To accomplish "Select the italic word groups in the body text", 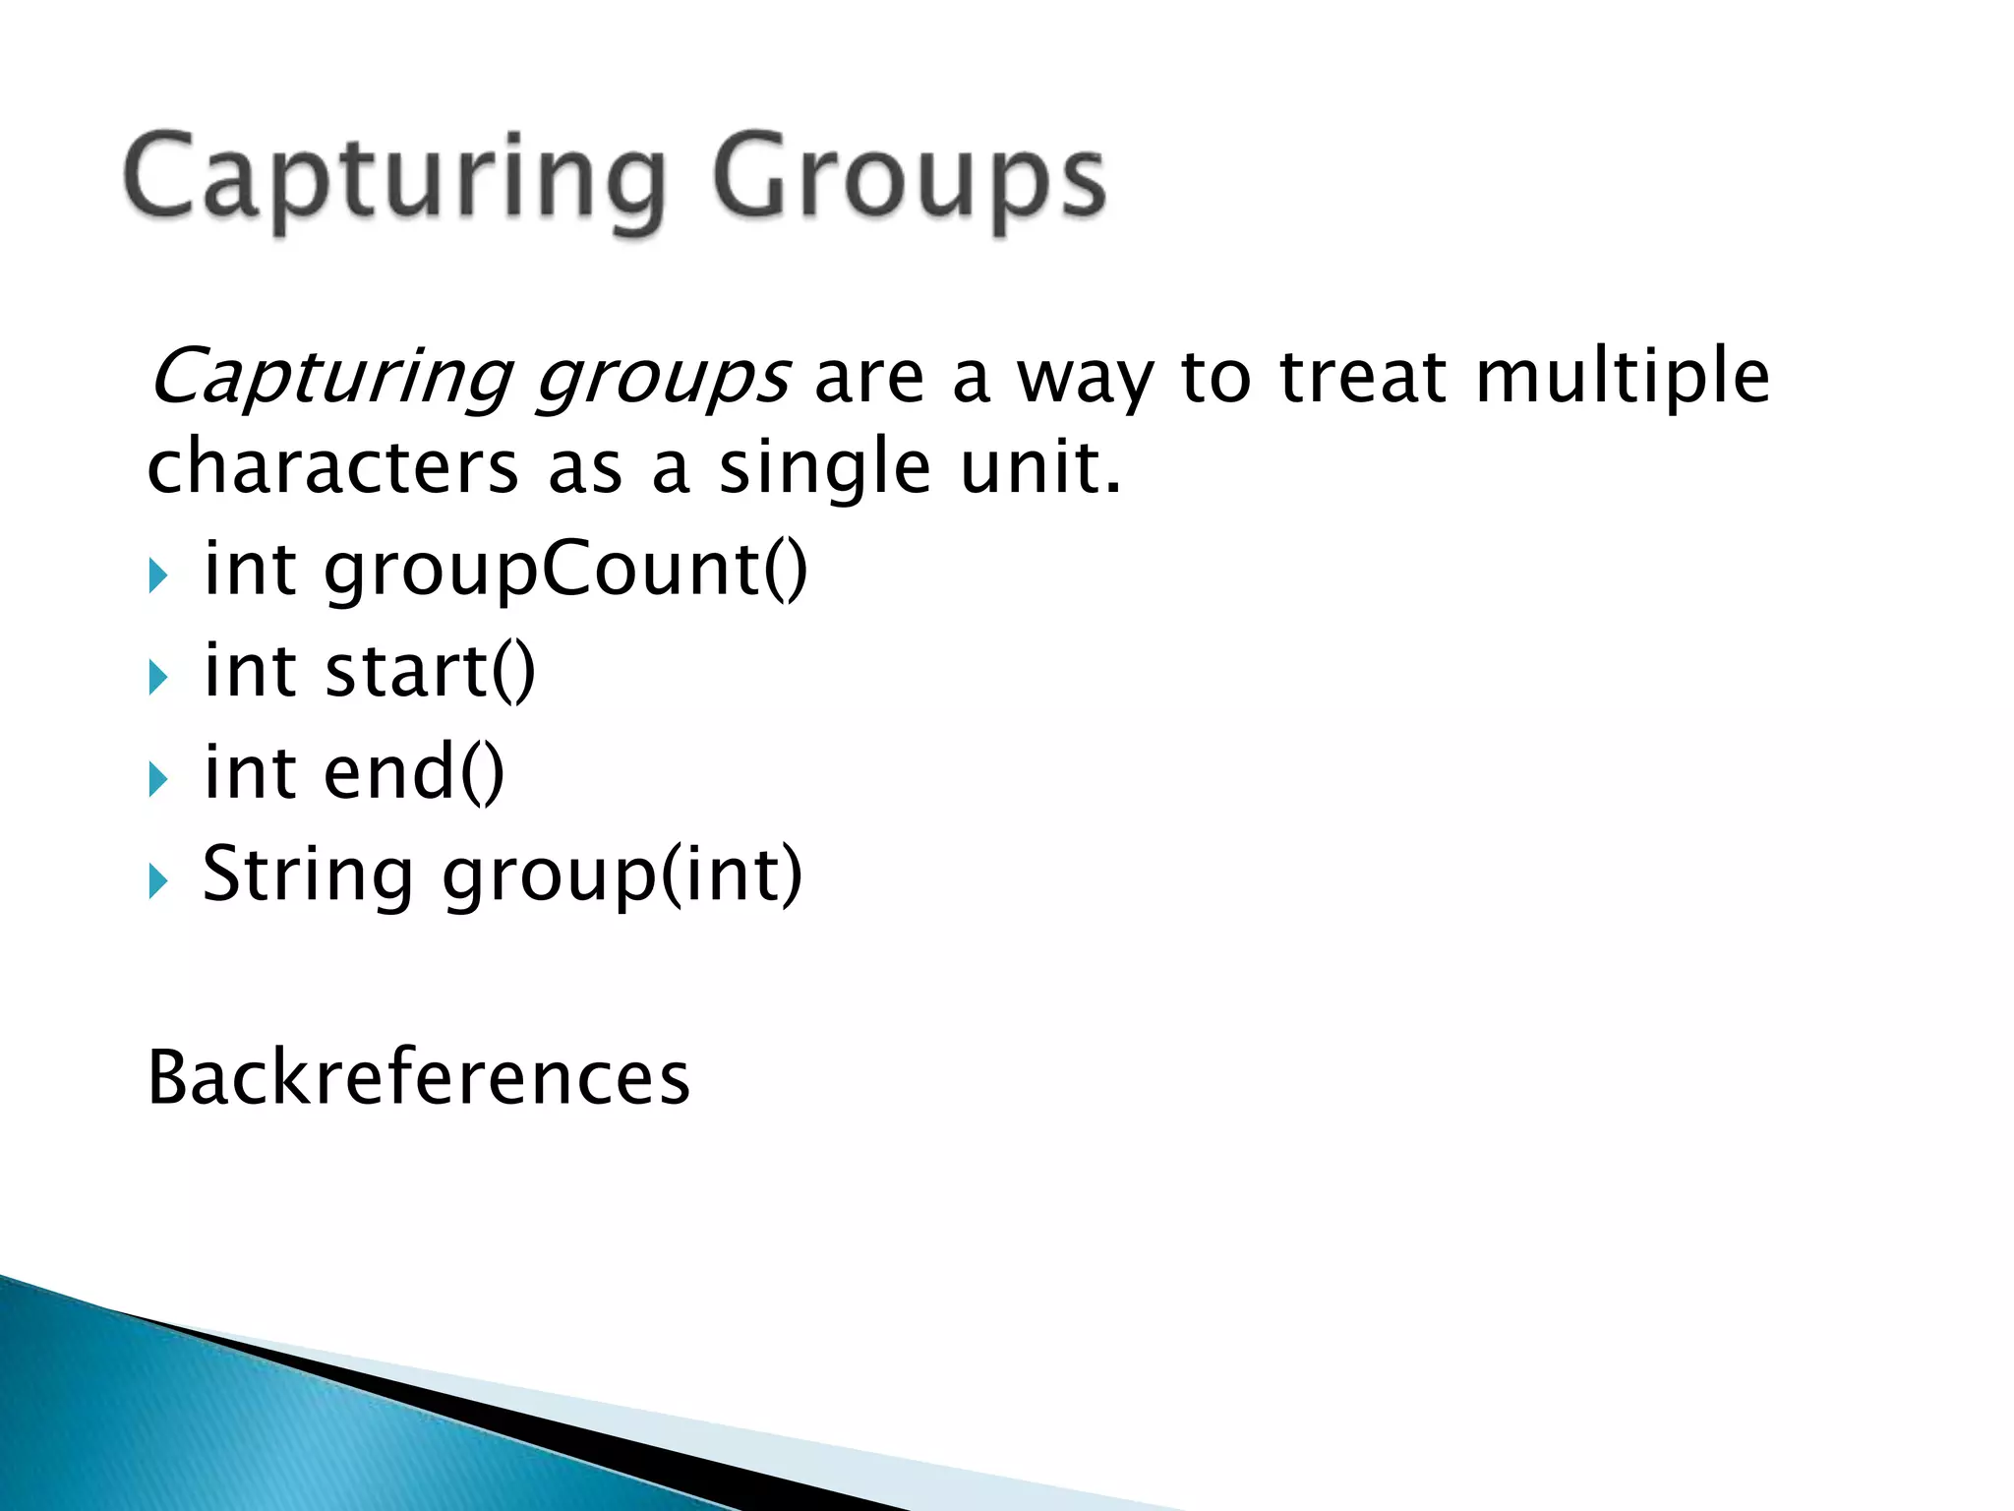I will point(662,379).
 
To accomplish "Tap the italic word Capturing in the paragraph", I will point(330,379).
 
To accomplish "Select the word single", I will point(824,468).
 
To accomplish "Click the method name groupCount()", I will point(565,572).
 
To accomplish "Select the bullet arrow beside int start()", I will point(158,678).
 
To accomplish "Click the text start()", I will point(430,671).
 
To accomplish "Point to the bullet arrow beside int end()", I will point(158,780).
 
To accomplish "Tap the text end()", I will point(413,773).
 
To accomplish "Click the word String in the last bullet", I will point(308,876).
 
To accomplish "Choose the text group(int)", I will point(622,876).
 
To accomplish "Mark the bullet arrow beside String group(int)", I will point(158,881).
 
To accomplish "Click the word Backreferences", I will point(419,1078).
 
